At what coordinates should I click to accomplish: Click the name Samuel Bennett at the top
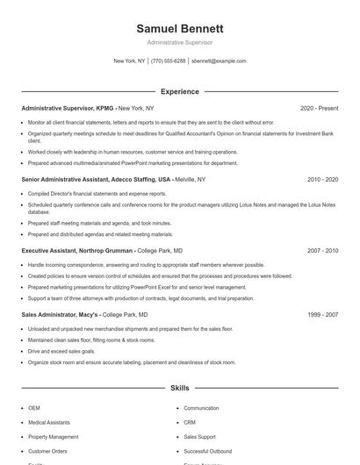pyautogui.click(x=179, y=28)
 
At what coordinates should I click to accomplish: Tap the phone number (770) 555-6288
pyautogui.click(x=168, y=61)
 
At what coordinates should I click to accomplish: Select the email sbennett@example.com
pyautogui.click(x=219, y=61)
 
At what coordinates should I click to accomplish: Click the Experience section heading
pyautogui.click(x=179, y=91)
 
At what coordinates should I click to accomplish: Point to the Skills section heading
pyautogui.click(x=179, y=387)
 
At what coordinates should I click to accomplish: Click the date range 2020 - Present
pyautogui.click(x=319, y=108)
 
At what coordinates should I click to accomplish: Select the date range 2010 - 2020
pyautogui.click(x=322, y=179)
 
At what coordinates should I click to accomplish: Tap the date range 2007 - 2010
pyautogui.click(x=322, y=250)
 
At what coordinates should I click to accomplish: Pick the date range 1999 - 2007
pyautogui.click(x=322, y=313)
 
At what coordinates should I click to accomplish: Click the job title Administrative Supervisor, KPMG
pyautogui.click(x=68, y=108)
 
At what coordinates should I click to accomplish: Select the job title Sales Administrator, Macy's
pyautogui.click(x=60, y=313)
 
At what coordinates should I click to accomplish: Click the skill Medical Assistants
pyautogui.click(x=49, y=422)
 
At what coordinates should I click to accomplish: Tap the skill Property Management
pyautogui.click(x=53, y=436)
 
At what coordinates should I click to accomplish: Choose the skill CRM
pyautogui.click(x=190, y=422)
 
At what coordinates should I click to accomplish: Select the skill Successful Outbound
pyautogui.click(x=208, y=450)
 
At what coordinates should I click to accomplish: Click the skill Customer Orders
pyautogui.click(x=47, y=450)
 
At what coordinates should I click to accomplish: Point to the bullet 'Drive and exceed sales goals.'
pyautogui.click(x=61, y=350)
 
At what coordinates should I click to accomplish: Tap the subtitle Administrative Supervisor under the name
pyautogui.click(x=179, y=42)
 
